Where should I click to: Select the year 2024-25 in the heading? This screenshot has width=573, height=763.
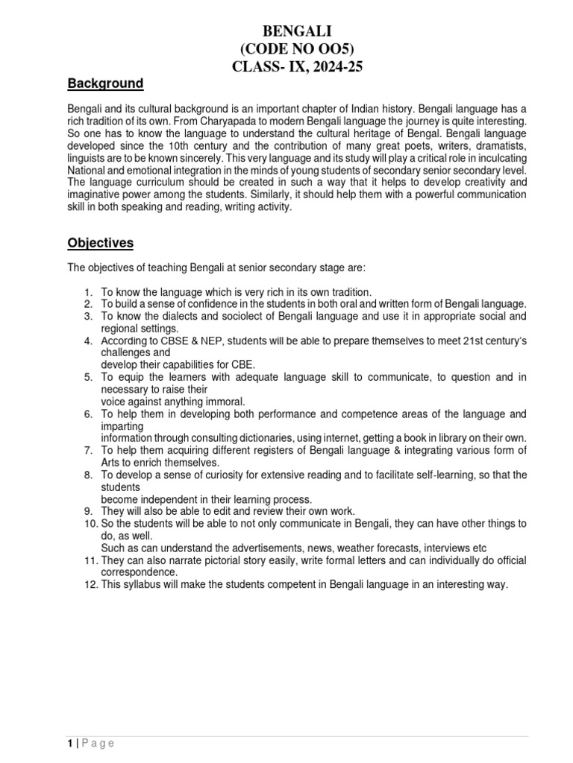point(322,67)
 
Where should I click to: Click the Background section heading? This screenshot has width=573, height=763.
point(106,83)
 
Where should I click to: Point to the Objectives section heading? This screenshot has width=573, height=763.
point(101,243)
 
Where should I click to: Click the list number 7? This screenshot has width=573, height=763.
point(87,450)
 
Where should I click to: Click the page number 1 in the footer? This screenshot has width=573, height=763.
point(69,744)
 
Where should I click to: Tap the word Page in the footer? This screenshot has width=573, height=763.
point(98,744)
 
